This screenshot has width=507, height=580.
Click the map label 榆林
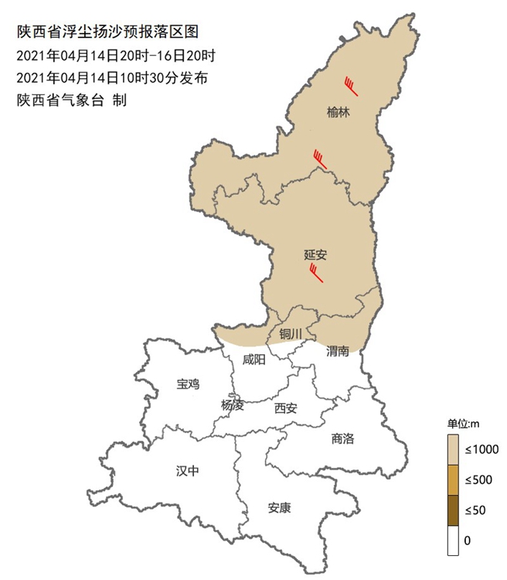click(339, 112)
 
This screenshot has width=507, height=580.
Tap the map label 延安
click(316, 253)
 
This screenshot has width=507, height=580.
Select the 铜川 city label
click(291, 334)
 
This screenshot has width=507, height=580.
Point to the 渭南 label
click(338, 351)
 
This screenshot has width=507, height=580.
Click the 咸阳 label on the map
click(253, 360)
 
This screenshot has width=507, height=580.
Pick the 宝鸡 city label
click(187, 384)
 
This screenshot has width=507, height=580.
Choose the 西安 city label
click(285, 408)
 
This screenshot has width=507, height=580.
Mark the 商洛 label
click(342, 438)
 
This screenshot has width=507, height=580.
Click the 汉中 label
click(187, 470)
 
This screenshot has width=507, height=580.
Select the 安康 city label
click(279, 508)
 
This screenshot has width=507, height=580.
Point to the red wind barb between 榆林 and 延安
click(320, 159)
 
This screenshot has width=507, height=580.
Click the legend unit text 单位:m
click(464, 422)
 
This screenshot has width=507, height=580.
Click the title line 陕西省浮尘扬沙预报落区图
click(108, 32)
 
